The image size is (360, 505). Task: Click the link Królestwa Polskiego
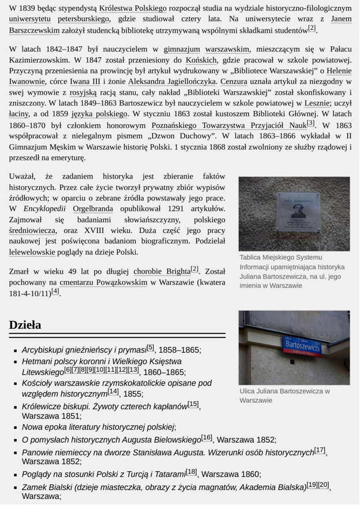[x=133, y=9]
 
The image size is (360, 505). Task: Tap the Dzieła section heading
[x=25, y=325]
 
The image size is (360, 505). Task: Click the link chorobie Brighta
[x=162, y=271]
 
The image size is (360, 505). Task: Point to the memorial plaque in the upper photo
[x=297, y=212]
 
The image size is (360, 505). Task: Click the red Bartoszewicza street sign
[x=302, y=345]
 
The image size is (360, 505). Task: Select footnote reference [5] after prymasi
[x=151, y=347]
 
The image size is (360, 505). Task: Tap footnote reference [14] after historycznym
[x=113, y=391]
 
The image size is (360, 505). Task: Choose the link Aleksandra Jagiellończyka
[x=172, y=81]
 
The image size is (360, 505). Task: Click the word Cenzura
[x=234, y=81]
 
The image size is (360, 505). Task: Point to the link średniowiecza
[x=32, y=230]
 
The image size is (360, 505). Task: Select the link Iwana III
[x=88, y=81]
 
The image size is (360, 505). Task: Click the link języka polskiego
[x=99, y=114]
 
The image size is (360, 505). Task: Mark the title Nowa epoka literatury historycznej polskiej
[x=98, y=427]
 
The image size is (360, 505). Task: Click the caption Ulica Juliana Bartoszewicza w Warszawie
[x=284, y=395]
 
